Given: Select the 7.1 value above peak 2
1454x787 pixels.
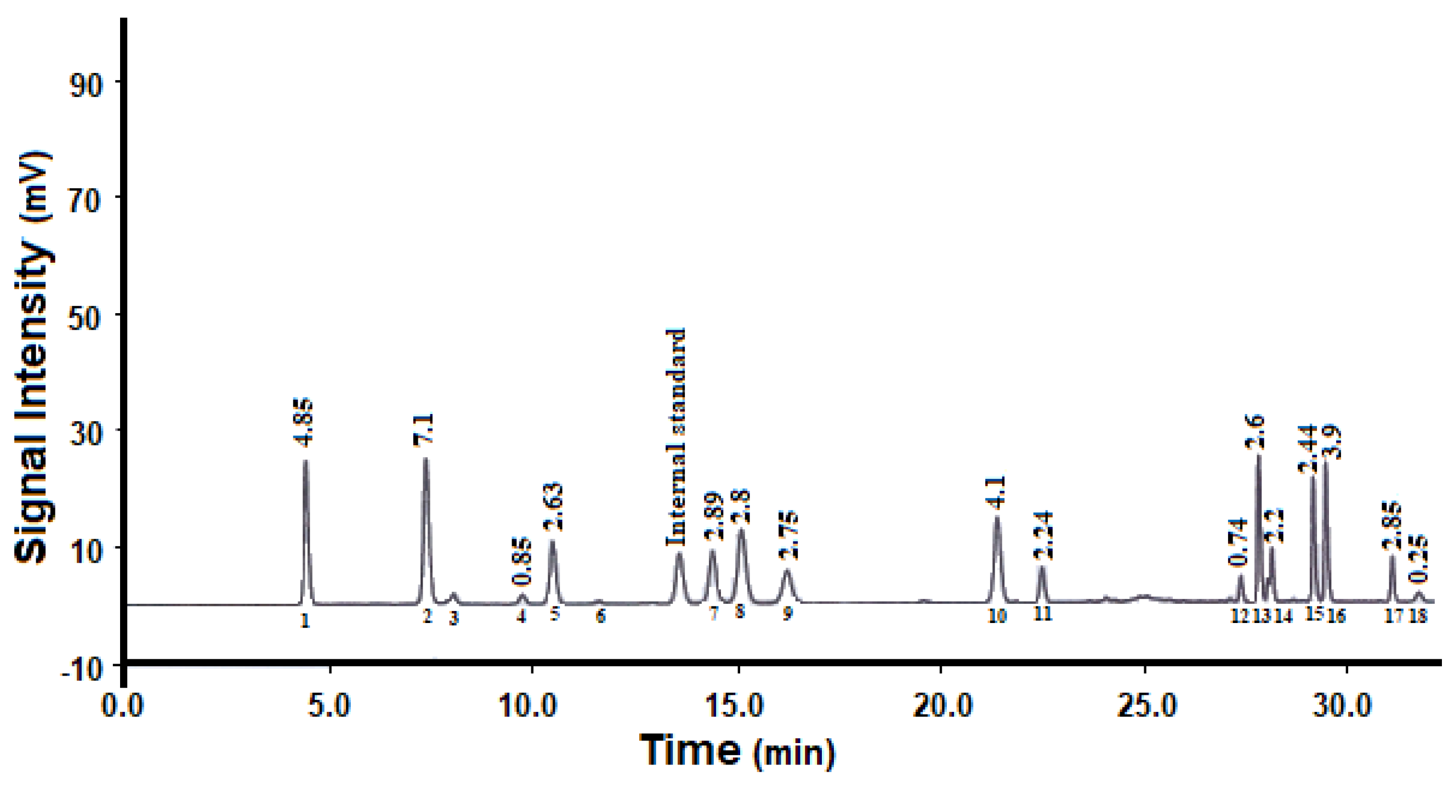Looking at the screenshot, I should click(x=424, y=429).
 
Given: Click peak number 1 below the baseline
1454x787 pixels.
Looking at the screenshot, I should click(x=305, y=620).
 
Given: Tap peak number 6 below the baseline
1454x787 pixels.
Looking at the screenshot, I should click(x=600, y=615).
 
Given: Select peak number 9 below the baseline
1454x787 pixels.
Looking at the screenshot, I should click(x=787, y=613).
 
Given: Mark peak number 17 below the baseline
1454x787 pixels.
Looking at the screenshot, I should click(x=1393, y=615).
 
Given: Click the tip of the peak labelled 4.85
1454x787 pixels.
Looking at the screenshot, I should click(x=306, y=461).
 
